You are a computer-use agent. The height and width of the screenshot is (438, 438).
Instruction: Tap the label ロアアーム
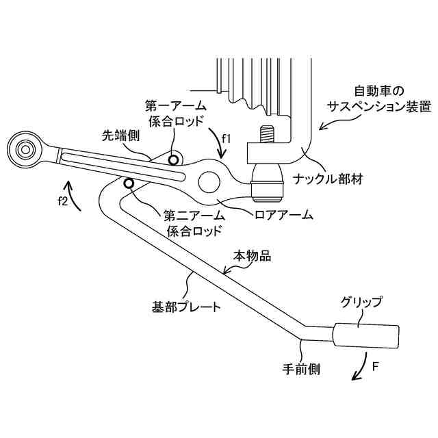tap(283, 214)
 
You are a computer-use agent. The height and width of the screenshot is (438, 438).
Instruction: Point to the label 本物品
tap(253, 256)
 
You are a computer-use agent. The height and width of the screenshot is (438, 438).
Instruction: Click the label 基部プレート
tap(186, 306)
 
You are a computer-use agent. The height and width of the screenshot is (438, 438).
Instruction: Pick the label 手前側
tap(302, 369)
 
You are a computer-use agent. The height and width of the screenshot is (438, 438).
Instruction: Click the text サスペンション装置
tap(378, 107)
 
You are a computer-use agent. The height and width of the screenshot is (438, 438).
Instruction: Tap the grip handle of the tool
tap(366, 336)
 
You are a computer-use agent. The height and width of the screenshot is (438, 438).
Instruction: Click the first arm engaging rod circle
tap(173, 159)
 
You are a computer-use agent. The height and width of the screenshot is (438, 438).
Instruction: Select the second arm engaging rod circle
tap(128, 183)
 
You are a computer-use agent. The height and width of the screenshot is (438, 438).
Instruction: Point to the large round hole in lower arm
tap(210, 182)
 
